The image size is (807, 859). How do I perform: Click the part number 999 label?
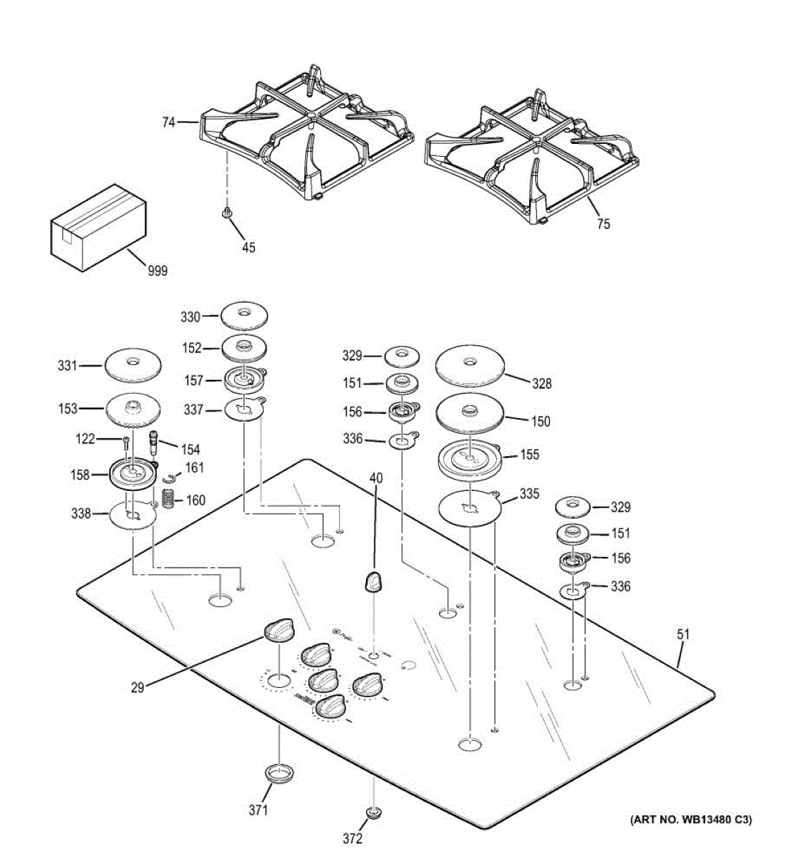(157, 271)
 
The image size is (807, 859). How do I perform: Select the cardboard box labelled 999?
(97, 227)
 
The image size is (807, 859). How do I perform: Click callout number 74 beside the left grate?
(168, 122)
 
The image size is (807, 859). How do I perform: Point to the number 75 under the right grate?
(603, 224)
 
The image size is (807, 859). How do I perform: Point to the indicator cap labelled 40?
(374, 581)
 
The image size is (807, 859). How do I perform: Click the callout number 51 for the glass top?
(683, 634)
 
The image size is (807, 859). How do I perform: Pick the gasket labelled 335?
(469, 508)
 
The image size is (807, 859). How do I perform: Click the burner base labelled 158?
(132, 473)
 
